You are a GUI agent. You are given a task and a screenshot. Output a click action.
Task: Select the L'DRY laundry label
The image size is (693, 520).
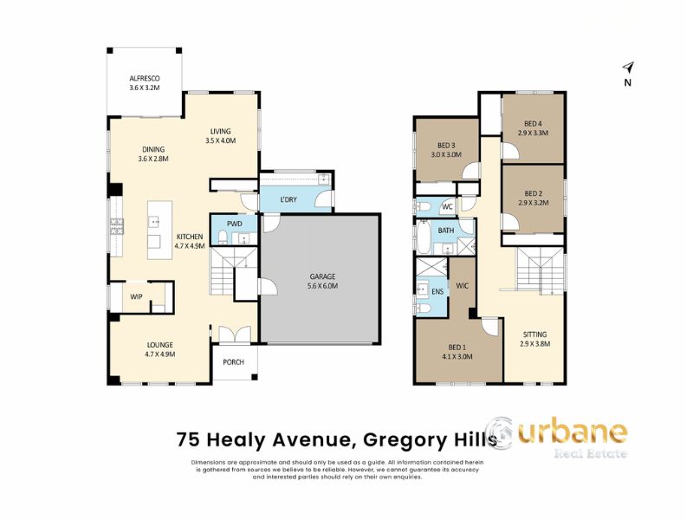(288, 200)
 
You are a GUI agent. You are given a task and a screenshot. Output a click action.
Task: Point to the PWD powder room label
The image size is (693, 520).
(234, 224)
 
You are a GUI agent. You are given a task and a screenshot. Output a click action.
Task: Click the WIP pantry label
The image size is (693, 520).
(136, 296)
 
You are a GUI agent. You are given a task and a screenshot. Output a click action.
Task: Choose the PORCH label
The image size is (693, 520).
(233, 362)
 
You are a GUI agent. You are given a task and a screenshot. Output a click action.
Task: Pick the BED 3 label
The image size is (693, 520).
(446, 149)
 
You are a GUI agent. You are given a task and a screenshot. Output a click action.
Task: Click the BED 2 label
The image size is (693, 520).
(533, 198)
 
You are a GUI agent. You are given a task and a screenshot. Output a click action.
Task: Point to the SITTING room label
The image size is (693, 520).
(534, 338)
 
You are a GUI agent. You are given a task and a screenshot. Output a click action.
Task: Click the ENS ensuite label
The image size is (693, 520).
(437, 292)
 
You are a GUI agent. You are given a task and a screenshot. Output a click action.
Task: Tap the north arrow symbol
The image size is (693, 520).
(628, 68)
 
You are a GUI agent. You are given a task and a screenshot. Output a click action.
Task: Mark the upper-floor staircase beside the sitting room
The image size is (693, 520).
(539, 270)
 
